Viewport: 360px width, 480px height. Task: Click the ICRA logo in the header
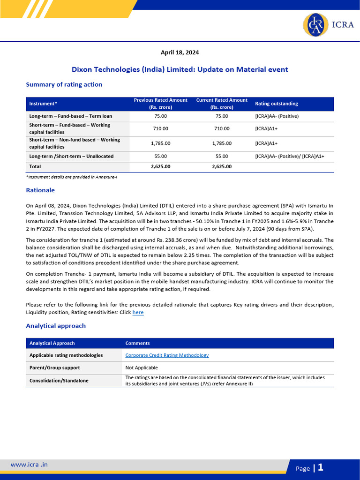[328, 25]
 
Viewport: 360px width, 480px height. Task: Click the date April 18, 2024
[180, 52]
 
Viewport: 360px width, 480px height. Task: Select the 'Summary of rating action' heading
[64, 84]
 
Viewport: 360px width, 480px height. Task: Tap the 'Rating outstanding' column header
[276, 104]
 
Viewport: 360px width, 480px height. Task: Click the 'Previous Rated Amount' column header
[160, 104]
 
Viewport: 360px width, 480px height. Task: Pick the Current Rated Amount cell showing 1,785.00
[222, 143]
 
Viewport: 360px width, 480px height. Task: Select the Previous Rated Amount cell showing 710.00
[160, 128]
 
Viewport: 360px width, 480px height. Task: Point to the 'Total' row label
[35, 166]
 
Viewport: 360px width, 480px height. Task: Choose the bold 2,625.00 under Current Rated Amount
[222, 166]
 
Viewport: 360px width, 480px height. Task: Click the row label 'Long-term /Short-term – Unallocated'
[71, 156]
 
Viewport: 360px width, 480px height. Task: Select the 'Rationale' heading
[40, 190]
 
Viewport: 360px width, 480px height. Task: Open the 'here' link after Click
[138, 312]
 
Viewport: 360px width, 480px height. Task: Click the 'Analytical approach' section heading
[56, 325]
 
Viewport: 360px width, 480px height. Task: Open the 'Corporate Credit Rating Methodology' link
[167, 355]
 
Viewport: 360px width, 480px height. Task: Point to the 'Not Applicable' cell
[142, 367]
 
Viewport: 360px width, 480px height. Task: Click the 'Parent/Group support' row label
[54, 367]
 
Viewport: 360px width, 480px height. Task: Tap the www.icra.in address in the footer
[29, 465]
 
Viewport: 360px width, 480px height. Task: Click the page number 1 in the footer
[321, 467]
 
